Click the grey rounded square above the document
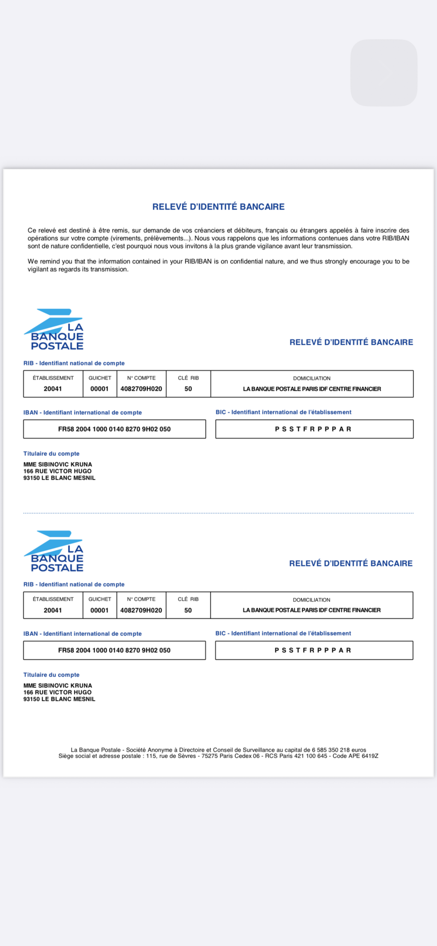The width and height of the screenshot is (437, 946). click(x=384, y=73)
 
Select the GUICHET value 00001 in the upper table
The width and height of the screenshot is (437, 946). click(x=99, y=389)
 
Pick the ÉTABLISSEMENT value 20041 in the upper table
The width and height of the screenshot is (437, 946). click(x=53, y=389)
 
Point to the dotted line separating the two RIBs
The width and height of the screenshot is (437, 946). click(x=218, y=513)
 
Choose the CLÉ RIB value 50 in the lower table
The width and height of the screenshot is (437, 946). click(x=188, y=610)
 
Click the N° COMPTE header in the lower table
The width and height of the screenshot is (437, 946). click(x=141, y=599)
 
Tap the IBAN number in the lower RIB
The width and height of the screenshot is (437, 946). click(x=114, y=650)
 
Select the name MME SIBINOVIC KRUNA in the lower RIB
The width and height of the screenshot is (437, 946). click(x=58, y=685)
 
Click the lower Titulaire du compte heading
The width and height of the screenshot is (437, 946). click(x=51, y=675)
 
